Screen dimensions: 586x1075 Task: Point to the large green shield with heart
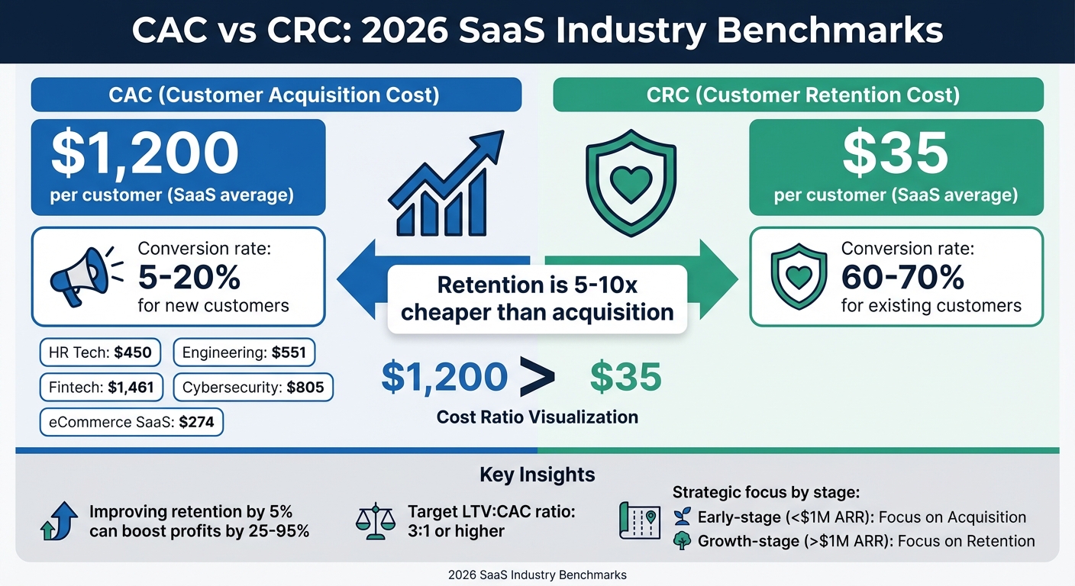[x=630, y=184]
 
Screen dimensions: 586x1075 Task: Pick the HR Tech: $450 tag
[x=100, y=353]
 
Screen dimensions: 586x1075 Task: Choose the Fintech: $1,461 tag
[x=100, y=387]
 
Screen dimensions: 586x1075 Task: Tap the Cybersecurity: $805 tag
[x=253, y=387]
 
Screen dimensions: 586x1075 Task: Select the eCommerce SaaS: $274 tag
[x=131, y=421]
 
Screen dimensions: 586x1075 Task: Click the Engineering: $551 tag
[x=244, y=353]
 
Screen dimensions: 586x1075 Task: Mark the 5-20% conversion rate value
[x=189, y=279]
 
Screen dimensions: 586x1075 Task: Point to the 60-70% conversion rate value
[x=902, y=279]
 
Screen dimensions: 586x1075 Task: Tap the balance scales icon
[x=376, y=520]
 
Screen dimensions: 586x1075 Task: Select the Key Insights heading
[x=537, y=475]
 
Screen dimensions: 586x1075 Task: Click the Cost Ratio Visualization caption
[x=537, y=417]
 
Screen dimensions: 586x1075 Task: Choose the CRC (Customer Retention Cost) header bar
[x=797, y=95]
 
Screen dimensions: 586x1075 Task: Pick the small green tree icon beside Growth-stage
[x=682, y=541]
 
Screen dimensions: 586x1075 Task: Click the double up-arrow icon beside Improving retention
[x=59, y=521]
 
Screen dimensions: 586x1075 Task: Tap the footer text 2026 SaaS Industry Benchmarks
[x=537, y=575]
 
